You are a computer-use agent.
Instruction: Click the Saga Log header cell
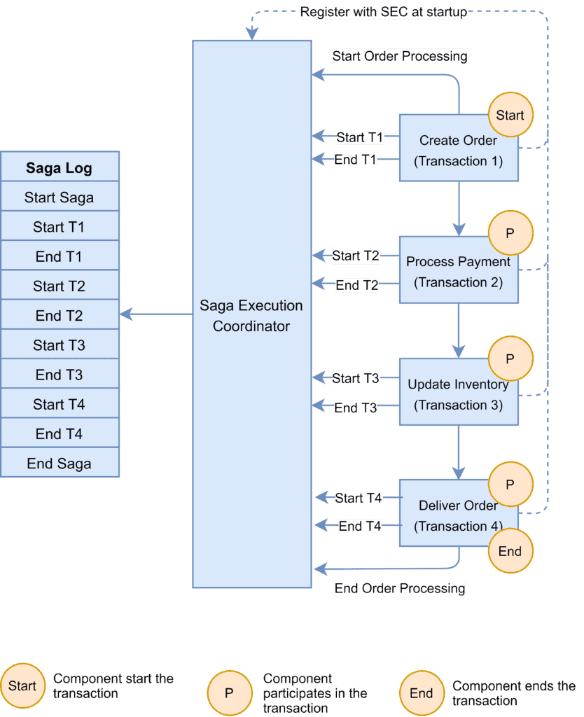59,168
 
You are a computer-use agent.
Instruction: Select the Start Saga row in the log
59,197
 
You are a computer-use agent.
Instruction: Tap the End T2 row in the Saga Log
59,316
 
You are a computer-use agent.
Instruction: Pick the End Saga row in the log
59,464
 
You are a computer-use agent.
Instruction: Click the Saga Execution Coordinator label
251,316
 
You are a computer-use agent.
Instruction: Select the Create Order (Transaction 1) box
458,151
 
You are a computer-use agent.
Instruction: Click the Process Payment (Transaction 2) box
458,272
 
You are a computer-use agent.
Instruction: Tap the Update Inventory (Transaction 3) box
458,394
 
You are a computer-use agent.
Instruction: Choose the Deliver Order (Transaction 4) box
458,515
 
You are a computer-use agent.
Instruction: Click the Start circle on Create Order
510,115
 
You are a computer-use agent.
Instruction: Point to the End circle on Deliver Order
510,551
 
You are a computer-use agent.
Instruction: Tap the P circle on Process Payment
510,232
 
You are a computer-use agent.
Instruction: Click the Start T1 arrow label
360,137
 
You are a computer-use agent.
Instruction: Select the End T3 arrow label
356,408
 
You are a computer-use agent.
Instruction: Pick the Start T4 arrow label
359,498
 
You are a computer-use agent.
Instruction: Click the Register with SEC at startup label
384,12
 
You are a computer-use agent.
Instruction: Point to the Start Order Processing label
399,56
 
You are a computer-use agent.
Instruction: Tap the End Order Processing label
400,588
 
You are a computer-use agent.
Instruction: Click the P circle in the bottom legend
229,693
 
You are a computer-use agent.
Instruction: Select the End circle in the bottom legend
422,693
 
